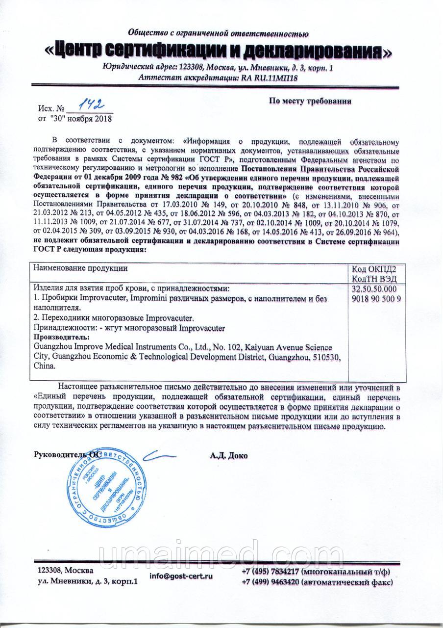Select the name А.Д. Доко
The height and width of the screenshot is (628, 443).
pyautogui.click(x=228, y=455)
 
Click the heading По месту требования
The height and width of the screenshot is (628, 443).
pyautogui.click(x=310, y=102)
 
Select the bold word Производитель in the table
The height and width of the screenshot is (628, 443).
pyautogui.click(x=61, y=337)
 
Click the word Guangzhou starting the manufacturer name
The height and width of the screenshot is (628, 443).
pyautogui.click(x=51, y=347)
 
